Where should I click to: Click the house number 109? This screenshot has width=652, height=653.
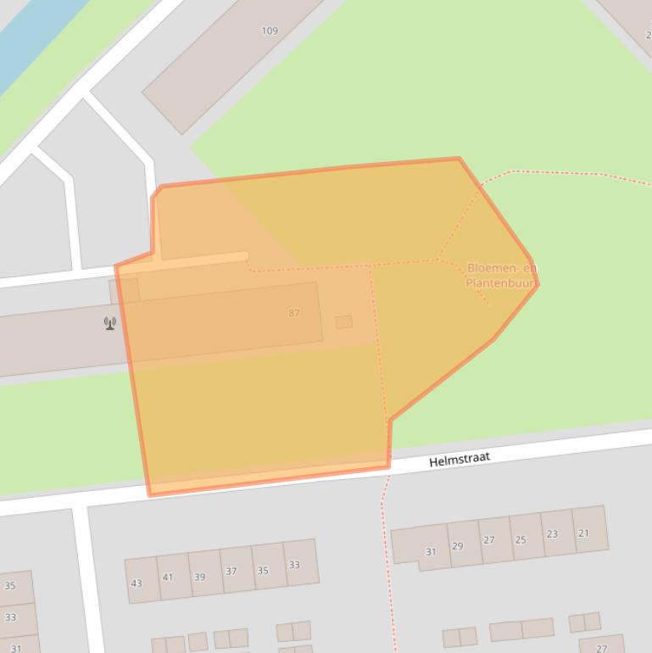(x=270, y=31)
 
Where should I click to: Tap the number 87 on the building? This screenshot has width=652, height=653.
(x=294, y=313)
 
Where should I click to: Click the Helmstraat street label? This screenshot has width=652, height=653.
(x=460, y=459)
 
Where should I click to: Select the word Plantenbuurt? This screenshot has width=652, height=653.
(x=500, y=282)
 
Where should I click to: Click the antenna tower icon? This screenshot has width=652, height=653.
(x=109, y=323)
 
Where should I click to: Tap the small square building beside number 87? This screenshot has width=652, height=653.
(x=343, y=322)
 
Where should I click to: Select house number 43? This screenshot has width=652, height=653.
(x=137, y=583)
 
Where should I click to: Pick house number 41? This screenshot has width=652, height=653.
(x=168, y=578)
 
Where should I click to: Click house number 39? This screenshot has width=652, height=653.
(x=199, y=577)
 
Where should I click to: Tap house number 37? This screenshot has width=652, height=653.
(x=231, y=572)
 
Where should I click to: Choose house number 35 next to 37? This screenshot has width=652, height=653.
(x=263, y=570)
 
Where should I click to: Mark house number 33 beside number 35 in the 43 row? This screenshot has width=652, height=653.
(x=294, y=565)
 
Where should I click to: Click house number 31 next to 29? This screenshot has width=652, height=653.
(x=431, y=552)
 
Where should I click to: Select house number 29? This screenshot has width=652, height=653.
(x=458, y=546)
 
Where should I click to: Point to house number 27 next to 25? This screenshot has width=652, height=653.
(x=489, y=540)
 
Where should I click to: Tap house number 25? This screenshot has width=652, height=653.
(x=521, y=539)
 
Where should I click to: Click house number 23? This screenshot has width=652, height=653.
(x=552, y=534)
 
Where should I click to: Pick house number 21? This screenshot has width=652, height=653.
(x=583, y=533)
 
